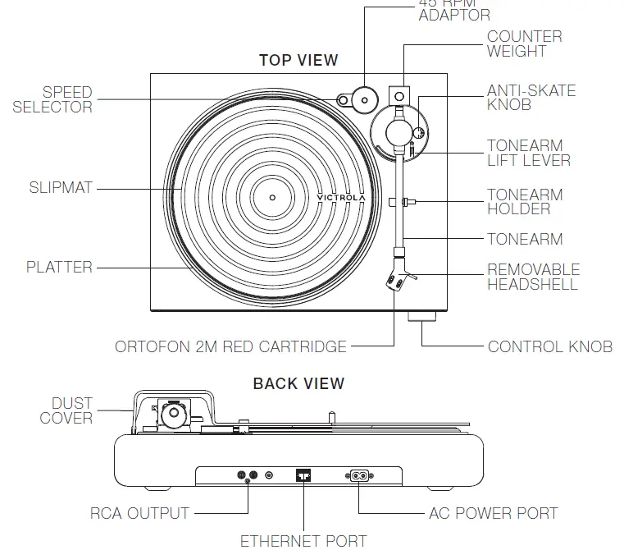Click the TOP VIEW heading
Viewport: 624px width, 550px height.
[x=298, y=60]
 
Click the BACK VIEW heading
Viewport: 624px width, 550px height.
[x=298, y=383]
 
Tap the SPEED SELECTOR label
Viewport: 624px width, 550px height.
[x=52, y=99]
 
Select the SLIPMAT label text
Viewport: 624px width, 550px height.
[x=61, y=188]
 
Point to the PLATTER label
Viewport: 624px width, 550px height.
[x=59, y=267]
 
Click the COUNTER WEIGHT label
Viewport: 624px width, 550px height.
[x=524, y=44]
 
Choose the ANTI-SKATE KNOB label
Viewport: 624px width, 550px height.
[x=531, y=98]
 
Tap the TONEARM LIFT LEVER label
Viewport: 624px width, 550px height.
[x=528, y=153]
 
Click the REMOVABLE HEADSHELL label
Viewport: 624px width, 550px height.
[x=533, y=277]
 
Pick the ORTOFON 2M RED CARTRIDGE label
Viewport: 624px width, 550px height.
[x=231, y=346]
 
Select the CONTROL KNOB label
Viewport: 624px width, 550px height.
[x=549, y=346]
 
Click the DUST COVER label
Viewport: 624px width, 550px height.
[x=66, y=410]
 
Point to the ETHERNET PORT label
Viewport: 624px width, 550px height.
[x=303, y=540]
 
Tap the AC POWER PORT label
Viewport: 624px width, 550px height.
[x=493, y=514]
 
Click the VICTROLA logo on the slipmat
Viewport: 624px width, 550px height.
[x=341, y=197]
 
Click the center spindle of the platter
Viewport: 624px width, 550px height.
[x=272, y=197]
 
